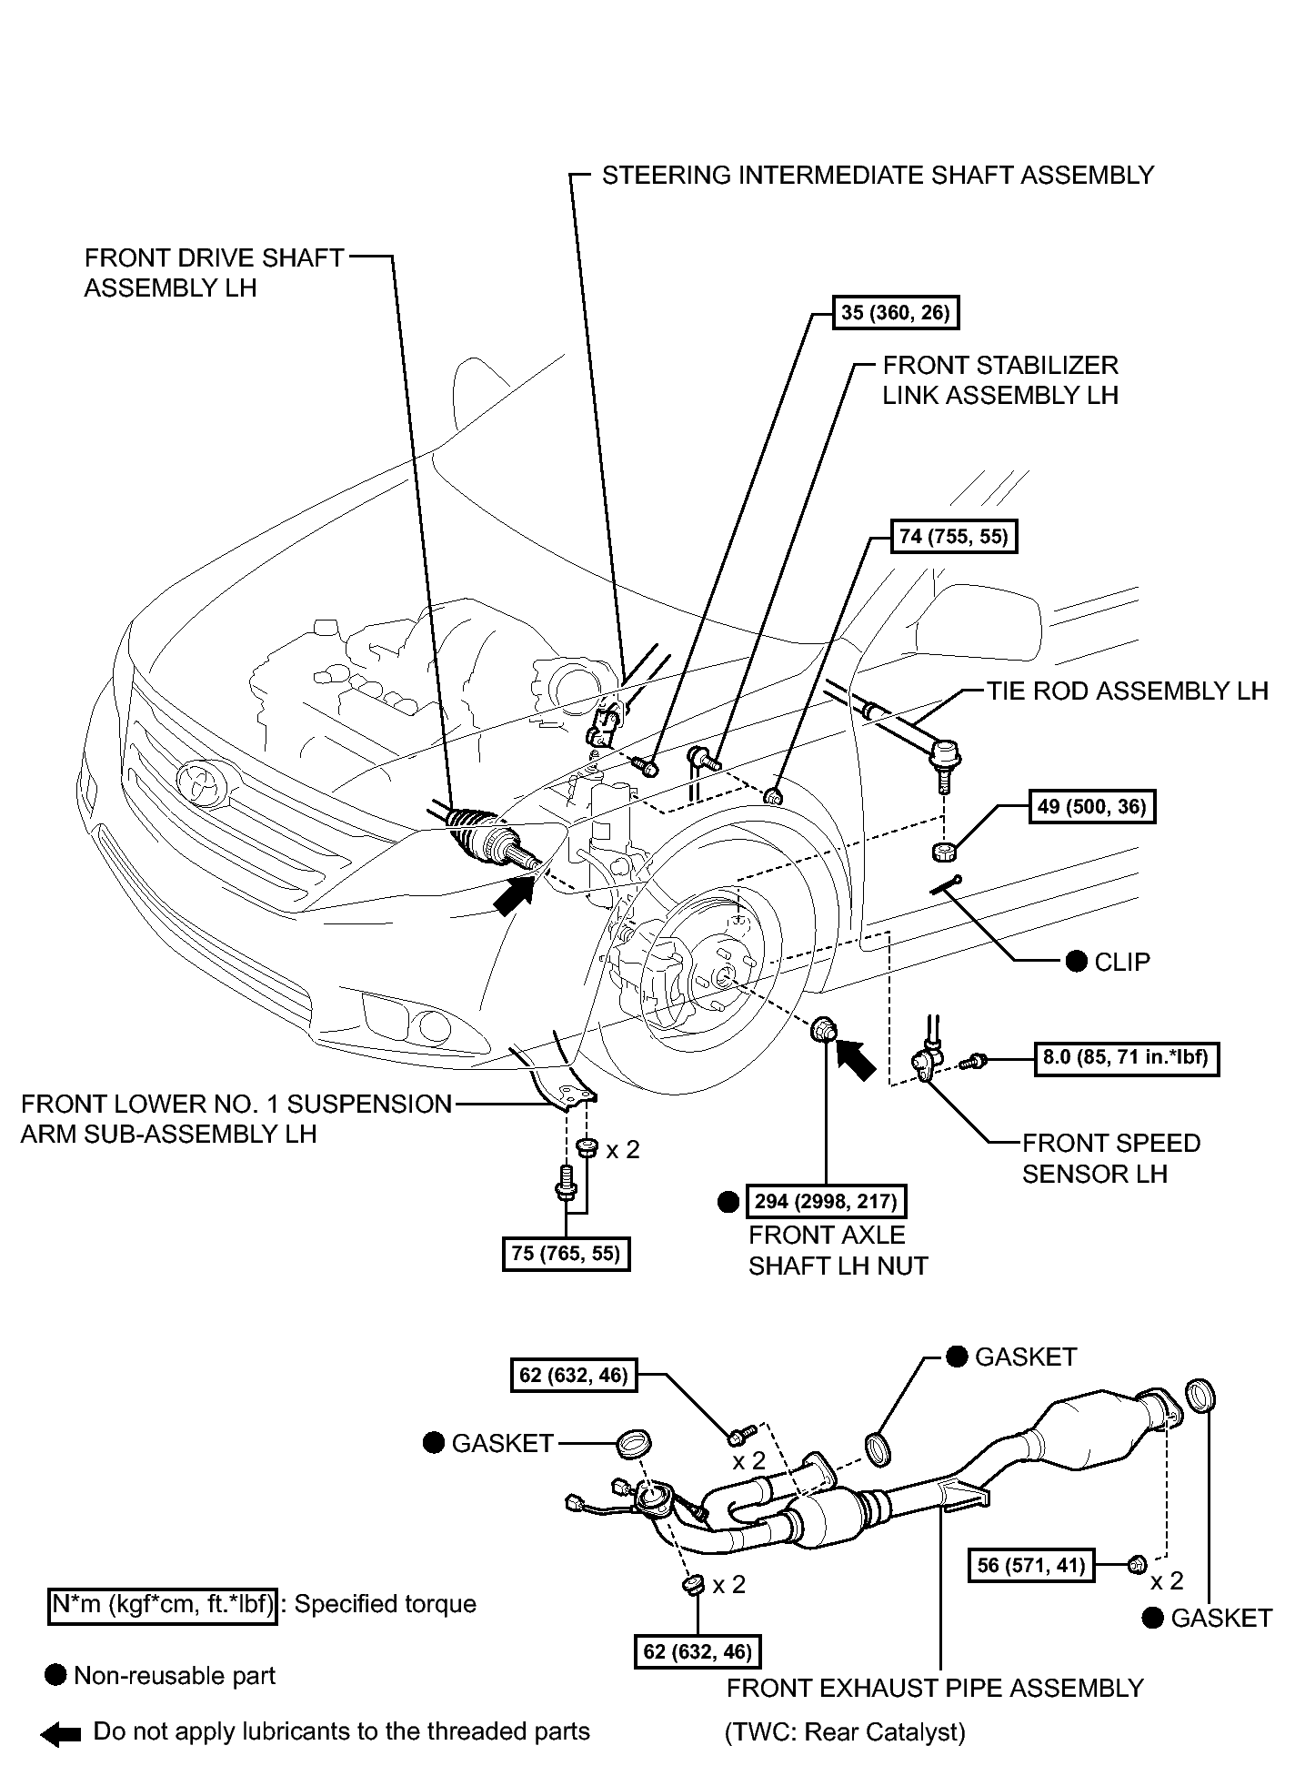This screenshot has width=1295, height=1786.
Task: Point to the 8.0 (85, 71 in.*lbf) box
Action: [1127, 1058]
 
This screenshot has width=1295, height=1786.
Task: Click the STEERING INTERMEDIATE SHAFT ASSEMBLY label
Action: [878, 175]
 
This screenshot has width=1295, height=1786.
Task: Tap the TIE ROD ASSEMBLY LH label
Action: [1128, 691]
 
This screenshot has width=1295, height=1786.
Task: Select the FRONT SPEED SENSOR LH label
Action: [1110, 1158]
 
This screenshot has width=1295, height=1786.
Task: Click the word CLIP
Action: [1122, 962]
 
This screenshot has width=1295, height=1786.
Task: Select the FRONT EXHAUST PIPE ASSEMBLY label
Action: [935, 1688]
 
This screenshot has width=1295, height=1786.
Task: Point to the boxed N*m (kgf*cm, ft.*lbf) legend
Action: [162, 1603]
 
